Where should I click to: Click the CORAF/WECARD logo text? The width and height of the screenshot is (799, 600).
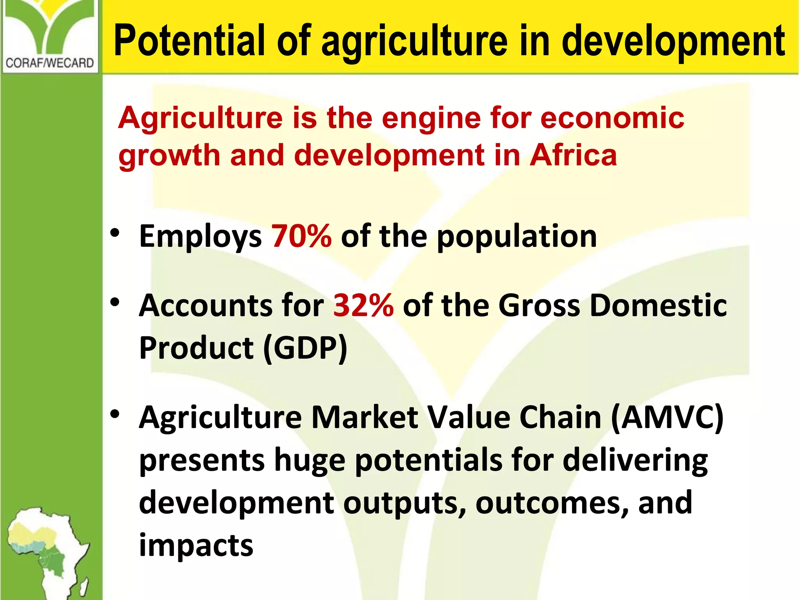click(x=50, y=63)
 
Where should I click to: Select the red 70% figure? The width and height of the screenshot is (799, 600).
click(x=301, y=236)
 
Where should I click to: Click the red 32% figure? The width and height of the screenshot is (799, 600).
click(x=363, y=305)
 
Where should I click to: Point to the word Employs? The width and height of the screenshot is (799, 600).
click(x=200, y=237)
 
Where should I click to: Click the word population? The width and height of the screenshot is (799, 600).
click(x=517, y=237)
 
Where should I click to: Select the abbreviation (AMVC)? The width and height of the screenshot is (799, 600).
click(x=667, y=417)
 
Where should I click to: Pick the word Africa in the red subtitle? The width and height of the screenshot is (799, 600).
click(x=573, y=155)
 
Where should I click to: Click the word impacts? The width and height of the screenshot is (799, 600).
click(x=196, y=545)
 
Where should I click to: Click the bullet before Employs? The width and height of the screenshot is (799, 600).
click(x=115, y=233)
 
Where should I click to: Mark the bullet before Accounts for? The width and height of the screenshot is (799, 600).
click(x=115, y=302)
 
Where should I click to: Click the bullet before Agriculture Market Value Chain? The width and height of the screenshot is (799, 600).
click(x=115, y=414)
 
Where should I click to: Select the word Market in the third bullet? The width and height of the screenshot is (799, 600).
click(x=364, y=417)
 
